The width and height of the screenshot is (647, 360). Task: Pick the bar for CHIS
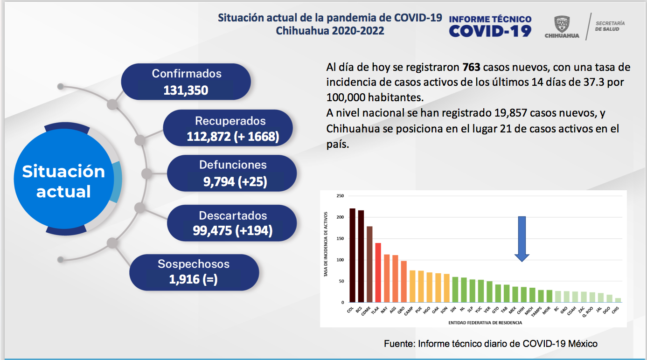point(618,300)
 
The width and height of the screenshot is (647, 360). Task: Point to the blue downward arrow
point(522,238)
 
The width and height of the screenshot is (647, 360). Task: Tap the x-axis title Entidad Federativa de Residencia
point(485,322)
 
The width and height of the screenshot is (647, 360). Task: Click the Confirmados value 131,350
point(186,90)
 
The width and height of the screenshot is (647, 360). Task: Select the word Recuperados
point(230,121)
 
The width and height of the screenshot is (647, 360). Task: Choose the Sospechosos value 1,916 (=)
point(194,279)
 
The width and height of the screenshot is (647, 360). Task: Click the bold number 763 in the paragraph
point(471,67)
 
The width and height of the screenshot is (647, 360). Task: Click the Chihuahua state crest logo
point(561,24)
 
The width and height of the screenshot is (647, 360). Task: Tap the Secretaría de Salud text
point(610,26)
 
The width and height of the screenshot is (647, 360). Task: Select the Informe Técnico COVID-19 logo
point(490,26)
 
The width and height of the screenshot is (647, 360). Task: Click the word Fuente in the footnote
point(399,344)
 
